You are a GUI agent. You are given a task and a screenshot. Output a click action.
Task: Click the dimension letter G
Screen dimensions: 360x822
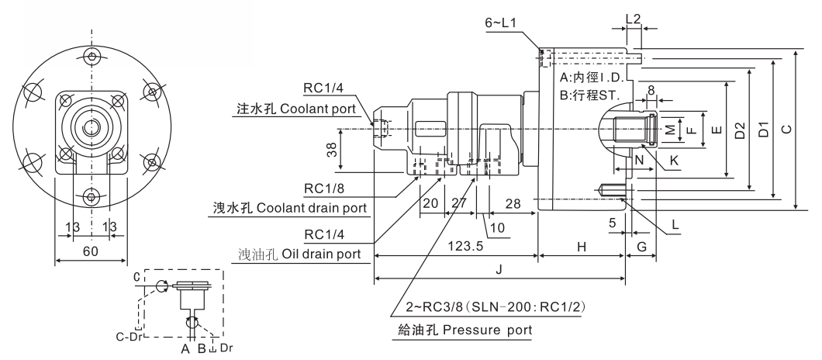[641, 246]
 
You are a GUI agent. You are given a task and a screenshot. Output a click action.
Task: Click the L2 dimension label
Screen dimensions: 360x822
[633, 17]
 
